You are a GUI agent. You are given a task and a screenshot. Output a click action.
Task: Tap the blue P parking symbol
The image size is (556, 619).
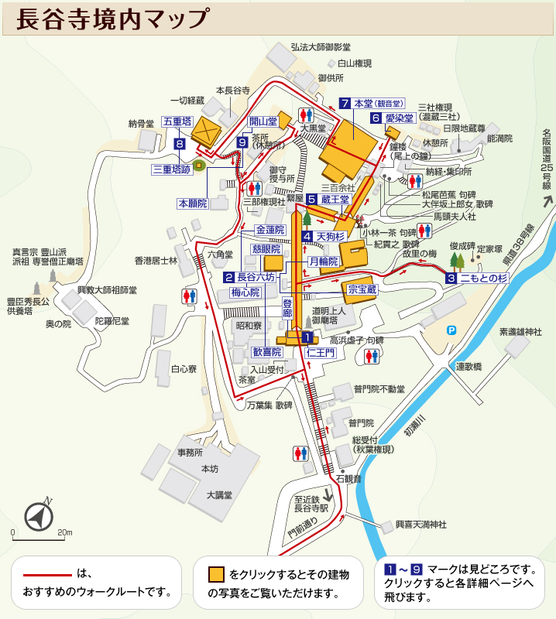point(451,330)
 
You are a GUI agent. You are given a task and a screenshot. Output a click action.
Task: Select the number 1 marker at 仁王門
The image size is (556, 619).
point(307,337)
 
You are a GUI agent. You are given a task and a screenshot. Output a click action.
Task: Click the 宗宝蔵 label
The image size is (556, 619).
point(362,289)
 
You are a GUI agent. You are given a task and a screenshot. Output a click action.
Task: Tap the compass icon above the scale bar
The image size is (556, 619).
point(38,516)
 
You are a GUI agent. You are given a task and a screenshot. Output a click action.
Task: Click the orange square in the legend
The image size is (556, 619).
point(216,574)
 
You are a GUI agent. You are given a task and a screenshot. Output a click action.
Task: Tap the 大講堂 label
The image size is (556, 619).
point(219,494)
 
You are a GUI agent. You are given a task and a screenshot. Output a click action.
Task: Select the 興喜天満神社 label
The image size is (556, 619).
point(421,525)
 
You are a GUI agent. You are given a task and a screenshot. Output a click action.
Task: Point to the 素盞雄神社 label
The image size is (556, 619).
point(521,331)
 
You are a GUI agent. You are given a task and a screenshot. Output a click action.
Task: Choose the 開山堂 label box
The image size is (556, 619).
point(263,121)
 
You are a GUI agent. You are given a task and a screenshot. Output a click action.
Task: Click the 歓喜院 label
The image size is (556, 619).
point(267,352)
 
